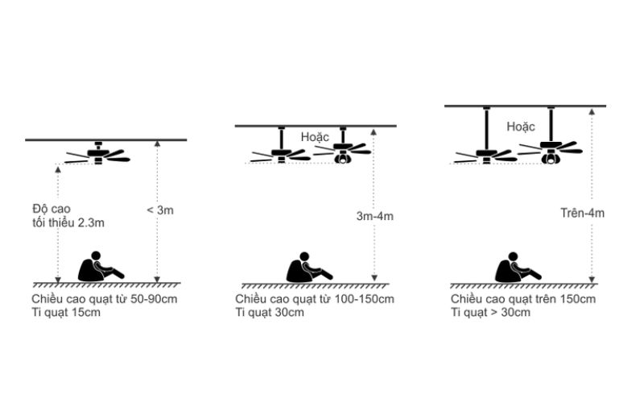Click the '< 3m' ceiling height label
click(x=160, y=210)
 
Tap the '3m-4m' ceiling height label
click(x=374, y=216)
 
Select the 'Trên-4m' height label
click(x=582, y=213)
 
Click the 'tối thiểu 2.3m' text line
click(x=68, y=223)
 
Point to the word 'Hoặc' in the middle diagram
click(x=315, y=137)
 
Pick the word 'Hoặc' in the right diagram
click(x=520, y=127)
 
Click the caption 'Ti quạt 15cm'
click(x=66, y=312)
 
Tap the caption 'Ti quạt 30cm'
click(x=270, y=312)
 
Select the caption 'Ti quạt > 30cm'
click(x=490, y=312)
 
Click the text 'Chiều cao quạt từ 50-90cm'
click(x=105, y=299)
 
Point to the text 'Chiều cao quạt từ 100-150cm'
click(x=315, y=299)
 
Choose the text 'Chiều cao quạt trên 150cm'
click(x=522, y=299)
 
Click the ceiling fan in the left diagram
click(x=97, y=154)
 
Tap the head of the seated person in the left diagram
click(x=96, y=256)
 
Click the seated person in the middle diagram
click(x=309, y=268)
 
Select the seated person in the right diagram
click(x=518, y=268)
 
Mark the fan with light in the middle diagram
click(x=343, y=147)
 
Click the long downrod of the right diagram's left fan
click(x=487, y=129)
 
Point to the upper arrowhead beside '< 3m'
click(x=157, y=143)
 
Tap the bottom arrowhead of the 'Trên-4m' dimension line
click(x=592, y=280)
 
